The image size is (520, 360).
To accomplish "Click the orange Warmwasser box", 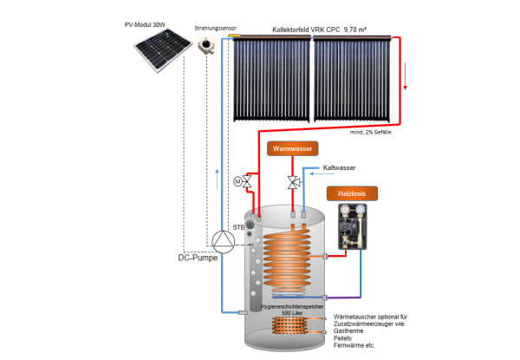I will pyautogui.click(x=291, y=148).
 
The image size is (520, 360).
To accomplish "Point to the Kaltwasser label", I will pyautogui.click(x=340, y=167).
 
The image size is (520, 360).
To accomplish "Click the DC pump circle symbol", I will pyautogui.click(x=224, y=239).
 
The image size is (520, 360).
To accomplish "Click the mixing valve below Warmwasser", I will pyautogui.click(x=293, y=182).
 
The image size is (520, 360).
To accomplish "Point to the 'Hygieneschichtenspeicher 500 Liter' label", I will pyautogui.click(x=289, y=309).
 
